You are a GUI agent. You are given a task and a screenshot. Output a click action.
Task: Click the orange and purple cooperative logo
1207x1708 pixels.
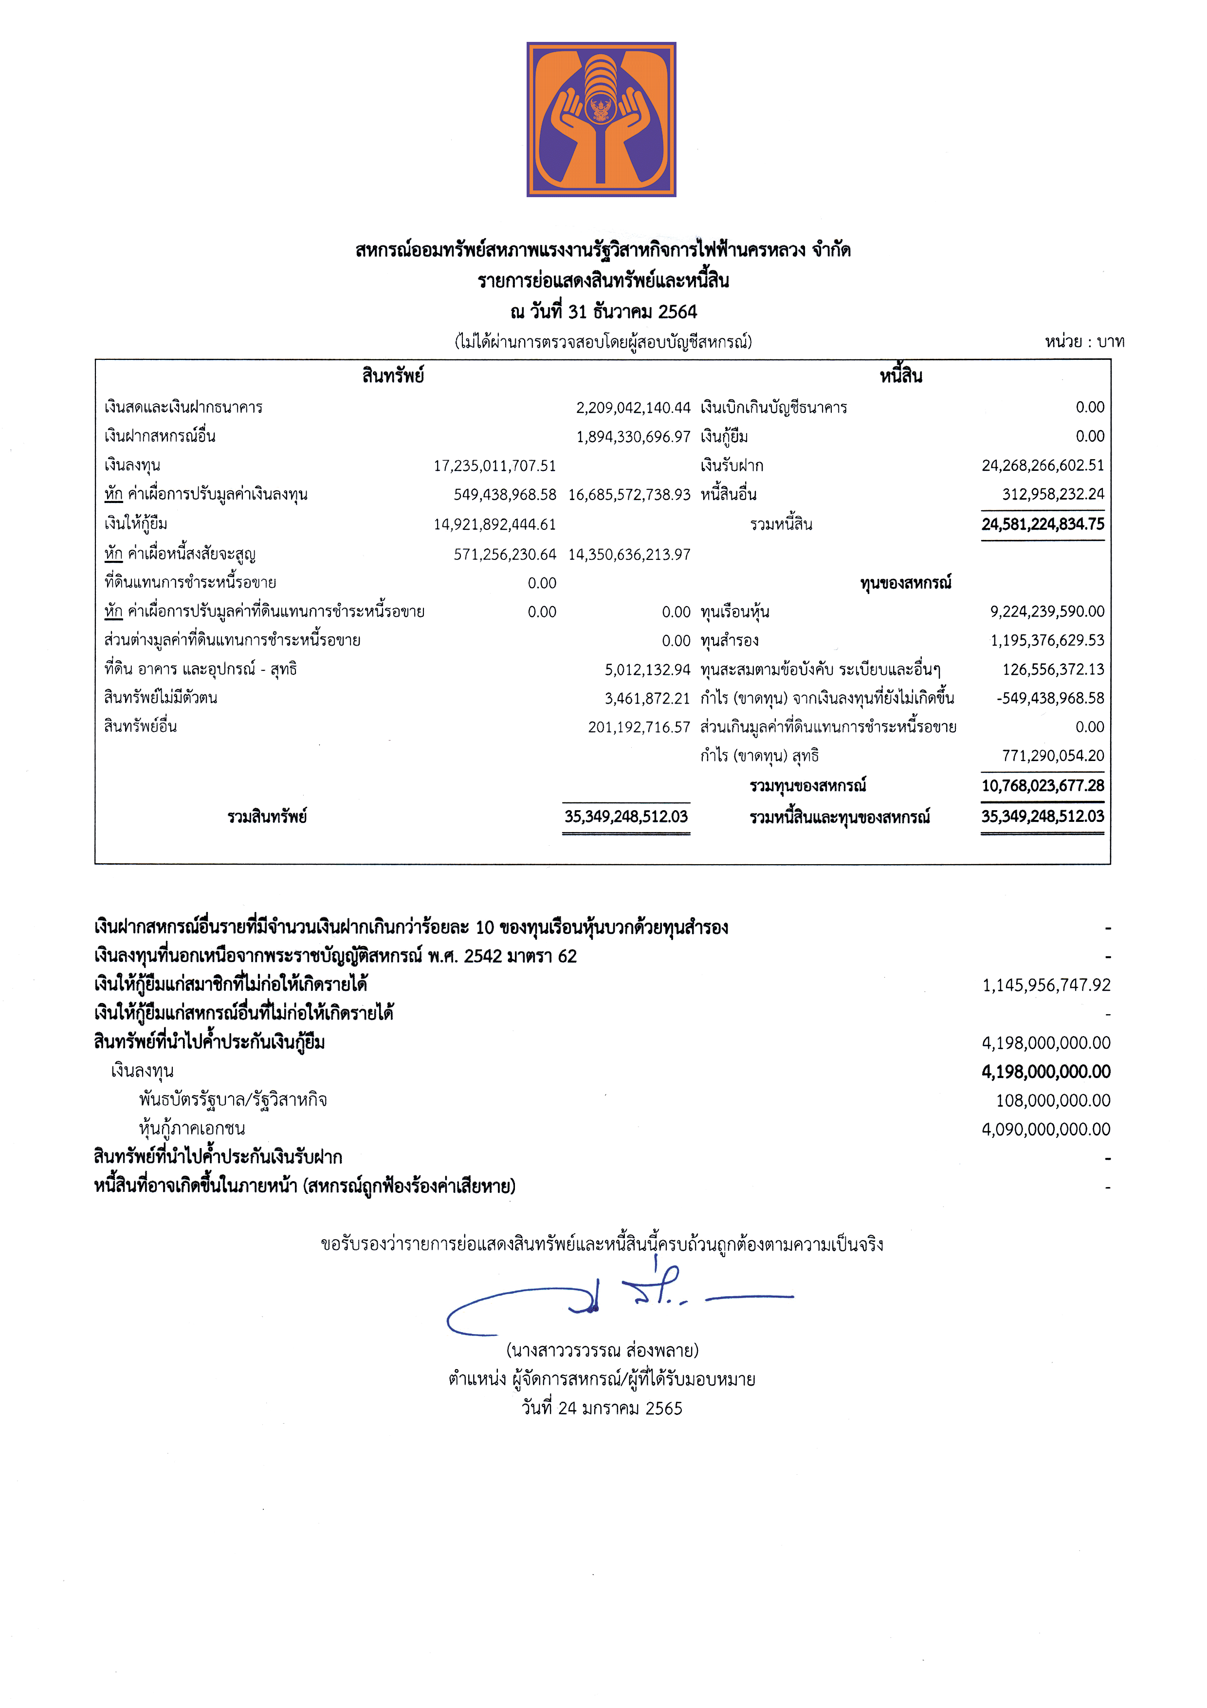[601, 119]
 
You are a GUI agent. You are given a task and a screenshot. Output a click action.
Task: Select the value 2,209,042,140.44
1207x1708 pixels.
[633, 408]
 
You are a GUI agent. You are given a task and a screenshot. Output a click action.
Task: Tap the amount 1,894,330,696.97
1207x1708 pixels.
[633, 437]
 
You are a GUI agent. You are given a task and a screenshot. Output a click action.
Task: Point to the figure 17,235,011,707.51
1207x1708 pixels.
[494, 465]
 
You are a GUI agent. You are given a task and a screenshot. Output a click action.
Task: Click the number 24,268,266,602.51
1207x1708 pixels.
[1042, 465]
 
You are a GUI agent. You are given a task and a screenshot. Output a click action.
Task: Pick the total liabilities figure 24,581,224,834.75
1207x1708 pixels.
[1042, 524]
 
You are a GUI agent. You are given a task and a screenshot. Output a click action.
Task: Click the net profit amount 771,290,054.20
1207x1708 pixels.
[1052, 756]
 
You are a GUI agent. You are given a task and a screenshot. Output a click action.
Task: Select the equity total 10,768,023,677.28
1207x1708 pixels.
[1042, 785]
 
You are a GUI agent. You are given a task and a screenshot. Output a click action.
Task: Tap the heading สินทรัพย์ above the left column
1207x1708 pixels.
[393, 376]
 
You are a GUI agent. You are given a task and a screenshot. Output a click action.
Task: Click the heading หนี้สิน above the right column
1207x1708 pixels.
[900, 376]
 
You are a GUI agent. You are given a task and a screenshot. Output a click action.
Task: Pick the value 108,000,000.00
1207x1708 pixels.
[1053, 1100]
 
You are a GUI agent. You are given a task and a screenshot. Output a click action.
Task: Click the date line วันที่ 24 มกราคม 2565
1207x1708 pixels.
[602, 1408]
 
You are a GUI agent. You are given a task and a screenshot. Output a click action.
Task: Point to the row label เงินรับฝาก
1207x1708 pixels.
[732, 465]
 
